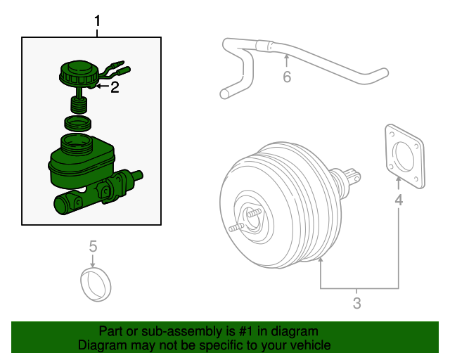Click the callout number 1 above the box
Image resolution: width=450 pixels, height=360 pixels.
(98, 22)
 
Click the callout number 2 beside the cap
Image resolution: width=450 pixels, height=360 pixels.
(115, 88)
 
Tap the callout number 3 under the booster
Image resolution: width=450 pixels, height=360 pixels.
(356, 304)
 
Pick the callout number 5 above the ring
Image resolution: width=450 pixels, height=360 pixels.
(93, 246)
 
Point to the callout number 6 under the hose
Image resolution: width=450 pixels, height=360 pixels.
(287, 77)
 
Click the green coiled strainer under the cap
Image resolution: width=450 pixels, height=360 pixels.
(79, 107)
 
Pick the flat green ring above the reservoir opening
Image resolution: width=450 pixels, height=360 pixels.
(78, 124)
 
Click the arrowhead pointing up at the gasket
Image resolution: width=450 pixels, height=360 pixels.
(399, 181)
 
